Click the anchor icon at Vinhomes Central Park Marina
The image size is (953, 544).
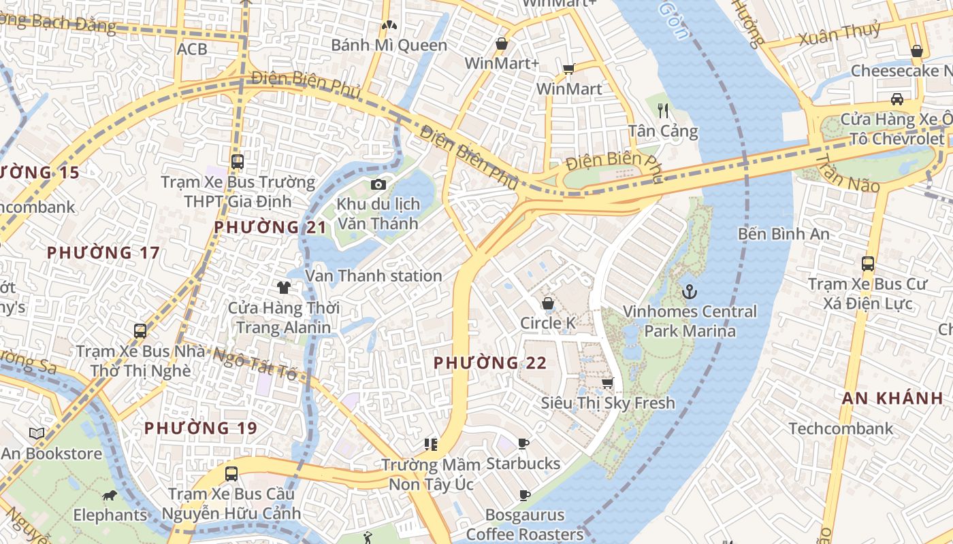(x=690, y=292)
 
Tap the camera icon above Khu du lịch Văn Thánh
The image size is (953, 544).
(x=378, y=184)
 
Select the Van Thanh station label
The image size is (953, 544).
(x=373, y=275)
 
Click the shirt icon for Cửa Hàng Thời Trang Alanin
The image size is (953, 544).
(x=283, y=288)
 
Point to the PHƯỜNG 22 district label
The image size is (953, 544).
(x=490, y=363)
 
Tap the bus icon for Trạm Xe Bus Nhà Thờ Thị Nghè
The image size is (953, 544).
(x=140, y=331)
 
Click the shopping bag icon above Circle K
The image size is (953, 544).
(x=547, y=303)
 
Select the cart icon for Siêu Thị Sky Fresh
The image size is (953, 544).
(x=607, y=383)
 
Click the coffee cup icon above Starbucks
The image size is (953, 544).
(x=523, y=443)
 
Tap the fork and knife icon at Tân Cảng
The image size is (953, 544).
(x=663, y=110)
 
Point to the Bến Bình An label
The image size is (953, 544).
(x=784, y=234)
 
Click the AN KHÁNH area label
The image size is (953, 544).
(x=892, y=398)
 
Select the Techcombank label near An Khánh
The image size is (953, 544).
(x=841, y=428)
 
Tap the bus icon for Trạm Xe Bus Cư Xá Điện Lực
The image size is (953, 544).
(x=867, y=264)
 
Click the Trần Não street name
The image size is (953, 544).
(x=847, y=174)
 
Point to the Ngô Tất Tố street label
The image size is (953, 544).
(x=255, y=364)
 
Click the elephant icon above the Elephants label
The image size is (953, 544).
(x=109, y=495)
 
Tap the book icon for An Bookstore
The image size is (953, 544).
(x=37, y=433)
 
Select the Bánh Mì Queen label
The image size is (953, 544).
(x=389, y=46)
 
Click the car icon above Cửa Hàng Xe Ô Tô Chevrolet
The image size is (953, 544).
(x=897, y=99)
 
